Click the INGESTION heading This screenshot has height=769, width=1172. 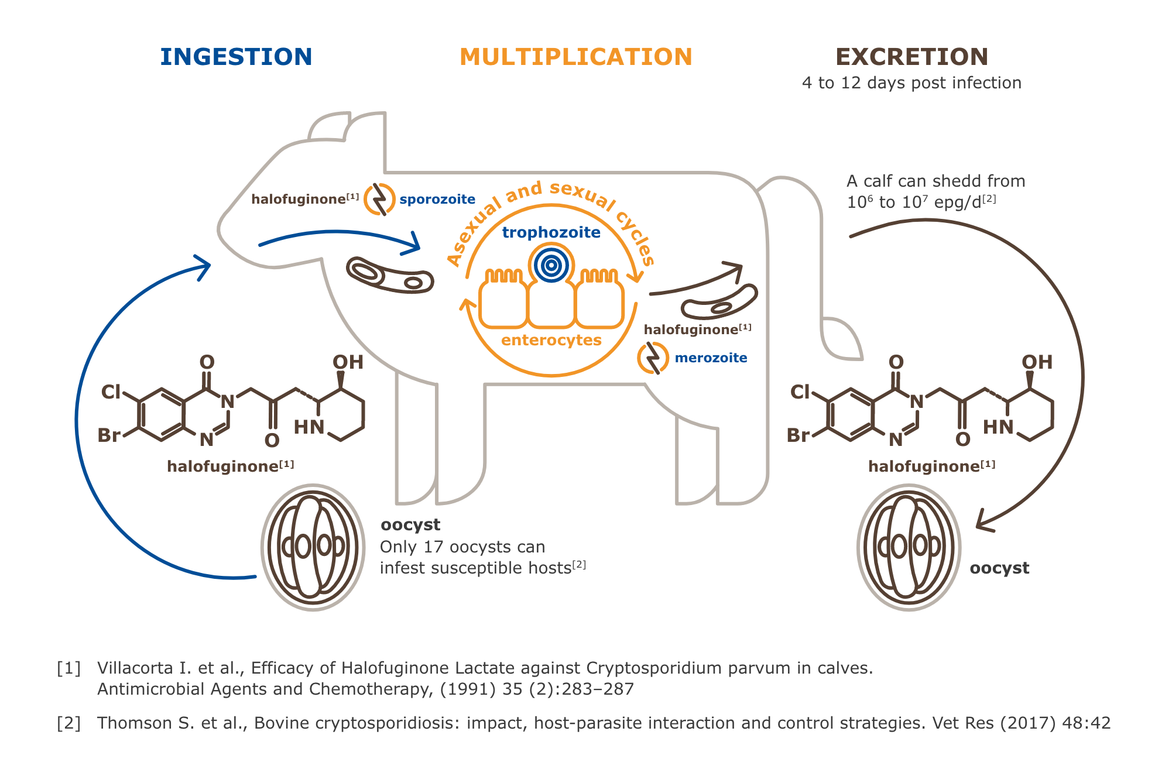[236, 57]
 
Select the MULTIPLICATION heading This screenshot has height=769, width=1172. [576, 57]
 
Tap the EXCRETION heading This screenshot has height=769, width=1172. [911, 57]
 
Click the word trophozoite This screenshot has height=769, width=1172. [551, 232]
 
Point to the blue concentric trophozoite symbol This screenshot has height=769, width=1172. [551, 266]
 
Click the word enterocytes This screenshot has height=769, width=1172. [551, 340]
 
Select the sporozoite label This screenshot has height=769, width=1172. [437, 200]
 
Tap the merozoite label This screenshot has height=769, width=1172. [711, 358]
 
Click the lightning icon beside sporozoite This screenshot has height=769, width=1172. [379, 199]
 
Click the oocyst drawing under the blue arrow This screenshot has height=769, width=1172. [313, 547]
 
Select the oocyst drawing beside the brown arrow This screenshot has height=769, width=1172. [909, 547]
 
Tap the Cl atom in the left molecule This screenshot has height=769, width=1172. [111, 392]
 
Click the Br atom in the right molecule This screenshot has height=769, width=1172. [799, 435]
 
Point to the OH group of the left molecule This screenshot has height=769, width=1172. [348, 362]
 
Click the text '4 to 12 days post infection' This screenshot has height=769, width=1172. [911, 83]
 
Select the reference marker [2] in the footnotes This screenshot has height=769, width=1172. [68, 723]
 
